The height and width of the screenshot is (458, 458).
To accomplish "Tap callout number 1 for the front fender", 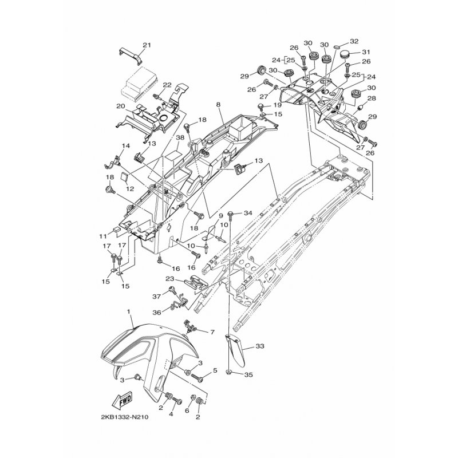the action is (x=128, y=312).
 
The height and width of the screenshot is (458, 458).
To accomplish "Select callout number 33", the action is (x=260, y=346).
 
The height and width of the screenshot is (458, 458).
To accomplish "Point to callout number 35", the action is (x=248, y=374).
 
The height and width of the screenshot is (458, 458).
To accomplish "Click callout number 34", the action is (x=248, y=213).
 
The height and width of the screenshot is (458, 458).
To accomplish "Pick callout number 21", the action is (x=147, y=45).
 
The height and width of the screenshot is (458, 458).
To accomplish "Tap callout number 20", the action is (x=121, y=106).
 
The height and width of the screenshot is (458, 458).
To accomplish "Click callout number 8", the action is (x=218, y=104).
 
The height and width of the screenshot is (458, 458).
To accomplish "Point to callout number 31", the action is (x=366, y=52).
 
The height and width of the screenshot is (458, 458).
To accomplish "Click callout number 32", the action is (x=354, y=41).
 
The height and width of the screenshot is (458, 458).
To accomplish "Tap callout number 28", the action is (x=372, y=98).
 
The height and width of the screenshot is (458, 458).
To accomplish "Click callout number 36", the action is (x=156, y=313).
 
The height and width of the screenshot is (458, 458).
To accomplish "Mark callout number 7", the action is (x=212, y=332).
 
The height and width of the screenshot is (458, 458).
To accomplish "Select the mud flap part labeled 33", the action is (x=235, y=350).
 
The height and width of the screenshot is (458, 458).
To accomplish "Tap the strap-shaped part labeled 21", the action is (x=131, y=56).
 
